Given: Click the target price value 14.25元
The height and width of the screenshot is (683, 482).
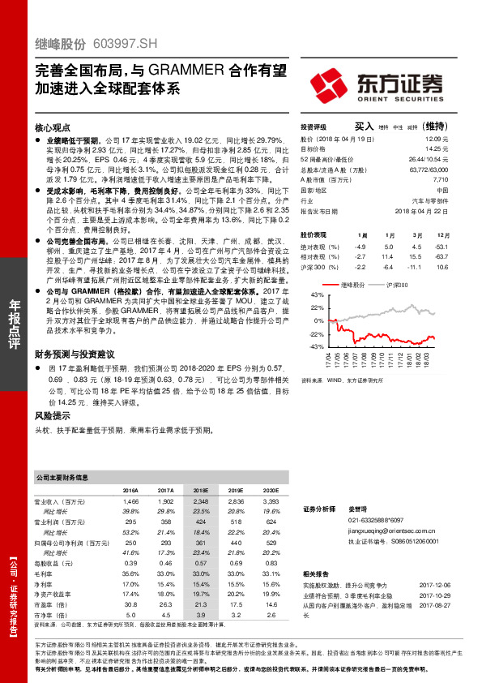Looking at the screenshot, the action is (436, 149).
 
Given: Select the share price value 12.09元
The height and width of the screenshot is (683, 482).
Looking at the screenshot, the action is (436, 140).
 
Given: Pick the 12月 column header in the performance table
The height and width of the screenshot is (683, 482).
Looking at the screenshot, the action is (442, 234).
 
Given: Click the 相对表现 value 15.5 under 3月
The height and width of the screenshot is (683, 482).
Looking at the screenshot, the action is (417, 256).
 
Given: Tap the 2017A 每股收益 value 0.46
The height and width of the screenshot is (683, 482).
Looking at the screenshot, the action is (167, 562).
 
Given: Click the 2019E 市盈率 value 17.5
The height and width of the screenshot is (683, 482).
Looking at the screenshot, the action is (236, 604).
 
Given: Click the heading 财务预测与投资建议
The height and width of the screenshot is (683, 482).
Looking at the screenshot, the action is (75, 354).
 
